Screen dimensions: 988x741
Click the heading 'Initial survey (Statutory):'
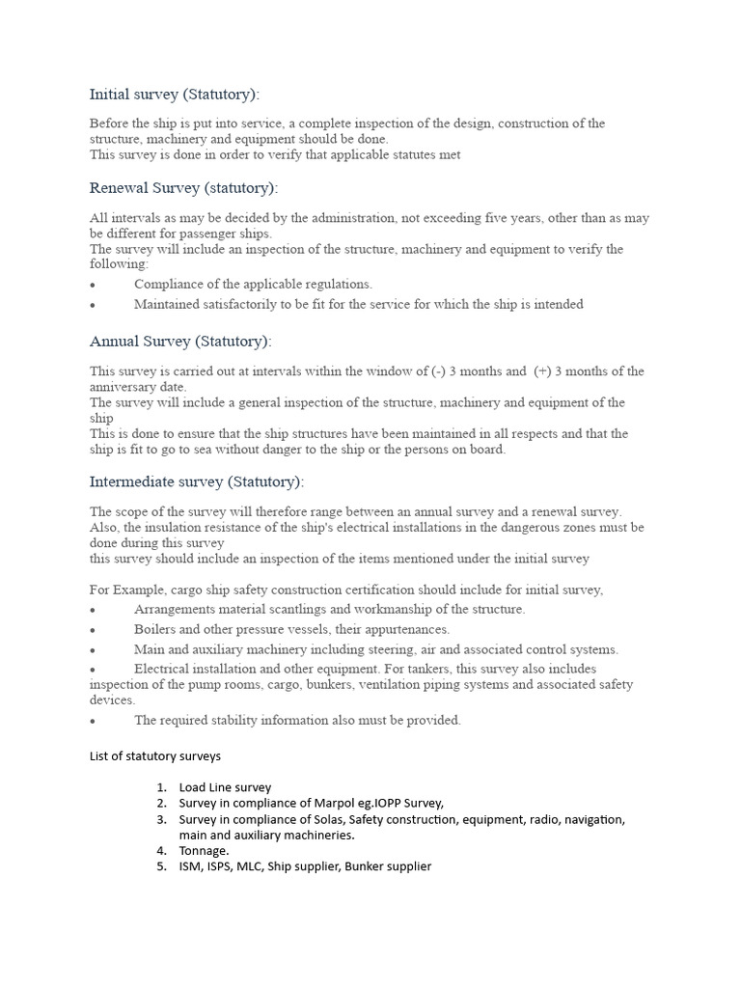coord(175,94)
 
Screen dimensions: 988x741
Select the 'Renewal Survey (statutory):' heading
coord(183,187)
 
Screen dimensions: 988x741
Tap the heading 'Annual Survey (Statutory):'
coord(180,341)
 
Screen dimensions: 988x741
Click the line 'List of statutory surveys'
coord(155,755)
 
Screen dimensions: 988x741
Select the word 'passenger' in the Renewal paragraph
coord(199,233)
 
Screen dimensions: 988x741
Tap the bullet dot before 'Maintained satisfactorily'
coord(93,305)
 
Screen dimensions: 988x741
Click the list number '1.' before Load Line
coord(162,787)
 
